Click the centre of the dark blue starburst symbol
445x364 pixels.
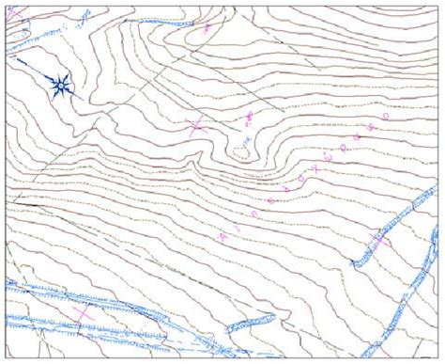coord(60,86)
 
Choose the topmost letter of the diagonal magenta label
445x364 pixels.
coord(385,115)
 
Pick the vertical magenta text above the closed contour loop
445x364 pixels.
coord(250,119)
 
